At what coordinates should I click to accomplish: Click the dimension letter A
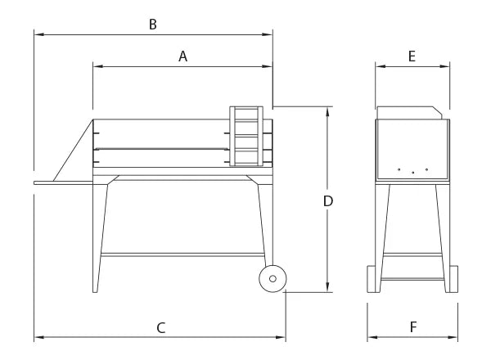pos(183,56)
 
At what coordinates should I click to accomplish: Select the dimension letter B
pos(152,25)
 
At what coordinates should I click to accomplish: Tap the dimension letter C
pos(161,327)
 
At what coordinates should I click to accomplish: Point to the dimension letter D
pos(327,200)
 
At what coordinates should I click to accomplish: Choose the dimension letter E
pos(412,56)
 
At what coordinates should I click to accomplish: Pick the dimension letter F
pos(413,327)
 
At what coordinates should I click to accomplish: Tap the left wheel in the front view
pos(372,279)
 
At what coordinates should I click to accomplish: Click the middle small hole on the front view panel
pos(412,173)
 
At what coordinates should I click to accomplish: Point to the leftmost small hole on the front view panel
pos(399,169)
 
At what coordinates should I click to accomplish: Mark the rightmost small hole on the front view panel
pos(426,169)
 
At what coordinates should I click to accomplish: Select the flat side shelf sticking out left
pos(65,182)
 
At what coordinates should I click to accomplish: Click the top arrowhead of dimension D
pos(327,110)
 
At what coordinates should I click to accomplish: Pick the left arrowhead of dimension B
pos(37,34)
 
